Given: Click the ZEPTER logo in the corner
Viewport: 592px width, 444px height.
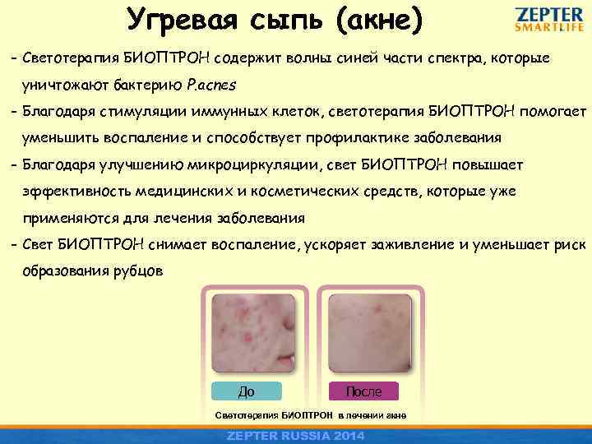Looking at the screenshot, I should point(550,14).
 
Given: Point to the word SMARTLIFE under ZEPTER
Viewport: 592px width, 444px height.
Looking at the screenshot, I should point(550,26).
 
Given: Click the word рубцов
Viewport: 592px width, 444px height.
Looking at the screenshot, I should point(145,271).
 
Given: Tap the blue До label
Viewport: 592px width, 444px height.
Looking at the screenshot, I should point(246,391).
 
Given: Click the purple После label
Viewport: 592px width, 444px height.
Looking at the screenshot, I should point(363,391).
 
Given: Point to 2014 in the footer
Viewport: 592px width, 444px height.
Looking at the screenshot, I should point(349,435).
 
